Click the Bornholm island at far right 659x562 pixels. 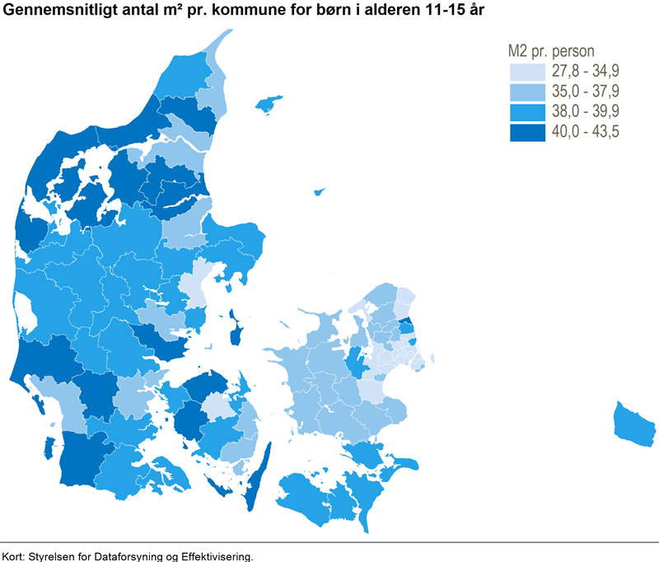(635, 424)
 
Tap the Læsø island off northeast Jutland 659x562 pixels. (268, 105)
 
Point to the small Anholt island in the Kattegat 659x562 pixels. (319, 192)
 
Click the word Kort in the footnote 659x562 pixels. (12, 555)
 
